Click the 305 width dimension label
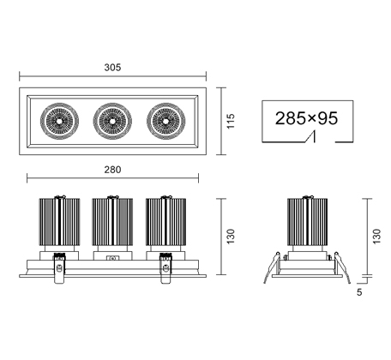coord(112,68)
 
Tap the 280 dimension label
coord(112,170)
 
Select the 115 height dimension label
coord(231,121)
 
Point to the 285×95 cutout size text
coord(306,118)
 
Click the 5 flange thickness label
coord(359,292)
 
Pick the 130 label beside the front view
coord(231,237)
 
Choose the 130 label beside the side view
coord(376,237)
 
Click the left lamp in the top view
coord(59,121)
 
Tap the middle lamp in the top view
coord(112,121)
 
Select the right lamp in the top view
coord(166,121)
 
